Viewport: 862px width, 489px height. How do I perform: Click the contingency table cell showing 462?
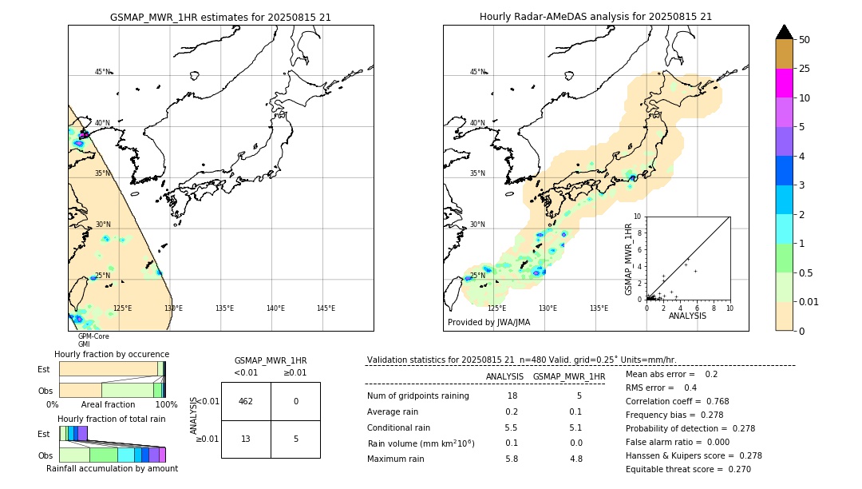pos(246,401)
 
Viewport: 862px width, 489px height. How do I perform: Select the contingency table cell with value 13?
pos(246,438)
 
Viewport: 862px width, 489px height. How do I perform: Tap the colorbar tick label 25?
pos(805,69)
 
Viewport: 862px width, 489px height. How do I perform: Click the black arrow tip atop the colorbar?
pos(785,31)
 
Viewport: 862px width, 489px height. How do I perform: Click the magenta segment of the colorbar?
pos(785,83)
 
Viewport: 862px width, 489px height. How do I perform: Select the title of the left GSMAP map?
pos(220,17)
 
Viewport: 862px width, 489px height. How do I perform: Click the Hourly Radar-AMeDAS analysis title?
pos(595,17)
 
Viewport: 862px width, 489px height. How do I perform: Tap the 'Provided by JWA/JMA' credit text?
pos(488,323)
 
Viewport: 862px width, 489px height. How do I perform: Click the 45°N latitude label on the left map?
pos(102,72)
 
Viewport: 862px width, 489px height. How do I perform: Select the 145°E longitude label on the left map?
pos(326,308)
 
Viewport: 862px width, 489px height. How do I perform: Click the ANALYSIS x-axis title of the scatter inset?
pos(687,316)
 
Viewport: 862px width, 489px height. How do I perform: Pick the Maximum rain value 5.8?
pos(512,459)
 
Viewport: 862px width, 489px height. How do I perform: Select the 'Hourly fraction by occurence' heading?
pos(112,354)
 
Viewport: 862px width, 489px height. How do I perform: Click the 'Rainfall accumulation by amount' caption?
pos(112,468)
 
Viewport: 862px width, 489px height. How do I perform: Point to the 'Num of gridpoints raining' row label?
pos(418,396)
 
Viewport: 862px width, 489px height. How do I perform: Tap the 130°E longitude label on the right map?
pos(548,308)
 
